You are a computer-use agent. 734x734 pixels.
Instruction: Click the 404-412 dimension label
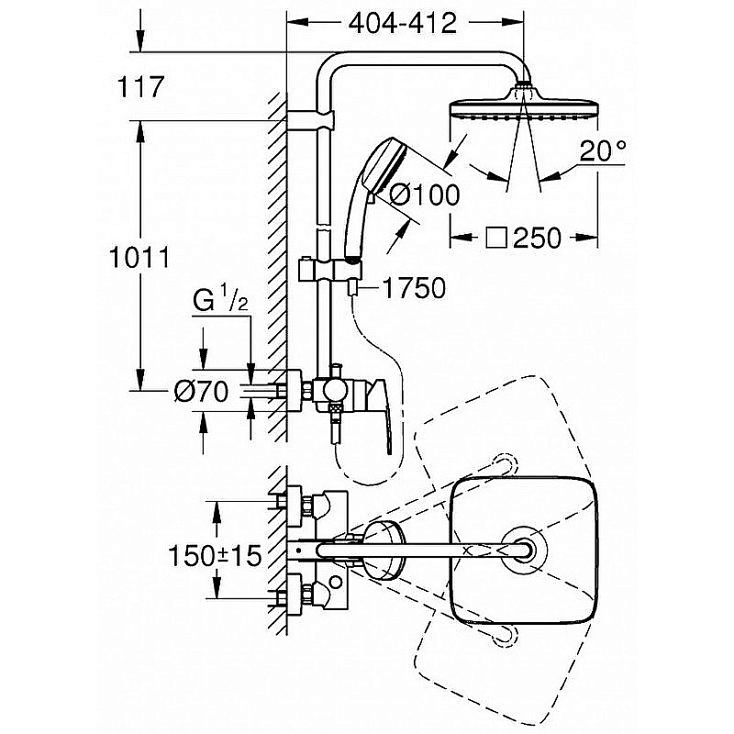point(403,24)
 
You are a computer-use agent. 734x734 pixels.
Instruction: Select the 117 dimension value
point(140,88)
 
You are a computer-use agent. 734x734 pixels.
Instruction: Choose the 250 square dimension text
point(537,238)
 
